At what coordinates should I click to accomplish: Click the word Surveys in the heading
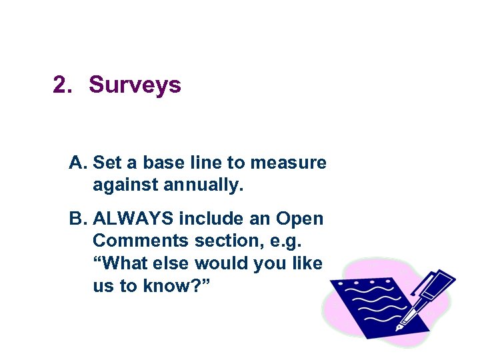pos(135,85)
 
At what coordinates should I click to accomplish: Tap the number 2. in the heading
pos(63,85)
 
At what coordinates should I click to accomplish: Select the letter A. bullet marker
pos(78,163)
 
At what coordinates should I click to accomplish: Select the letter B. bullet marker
pos(78,219)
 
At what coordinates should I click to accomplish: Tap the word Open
pos(299,219)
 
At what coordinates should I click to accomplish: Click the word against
pos(126,185)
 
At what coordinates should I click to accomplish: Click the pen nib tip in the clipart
pos(399,328)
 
